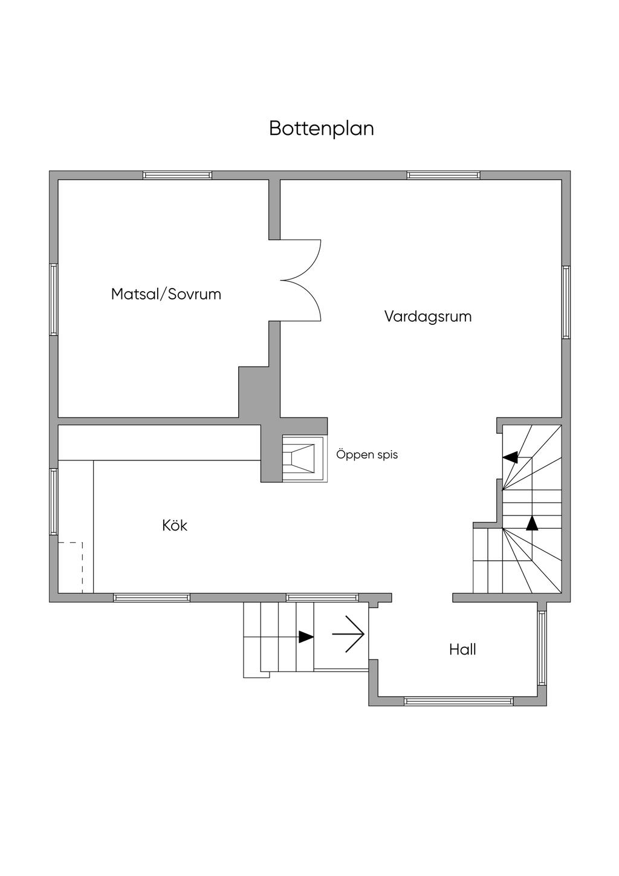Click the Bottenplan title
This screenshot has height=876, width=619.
321,129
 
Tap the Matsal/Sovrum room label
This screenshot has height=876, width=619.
166,295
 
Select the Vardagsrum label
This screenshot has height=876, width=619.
428,316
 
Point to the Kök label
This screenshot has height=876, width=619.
175,526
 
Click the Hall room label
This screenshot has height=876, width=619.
462,650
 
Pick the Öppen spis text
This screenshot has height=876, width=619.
367,454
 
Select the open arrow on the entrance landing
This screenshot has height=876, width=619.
349,634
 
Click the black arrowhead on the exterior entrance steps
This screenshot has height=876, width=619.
306,636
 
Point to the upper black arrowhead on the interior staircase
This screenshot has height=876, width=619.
511,457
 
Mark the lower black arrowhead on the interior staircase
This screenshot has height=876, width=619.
532,523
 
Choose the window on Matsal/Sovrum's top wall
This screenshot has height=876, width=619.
178,175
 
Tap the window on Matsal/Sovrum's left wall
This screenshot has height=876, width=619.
53,299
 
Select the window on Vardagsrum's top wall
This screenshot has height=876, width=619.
444,175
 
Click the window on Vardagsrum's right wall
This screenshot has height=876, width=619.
566,302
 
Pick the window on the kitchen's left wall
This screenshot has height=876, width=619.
53,502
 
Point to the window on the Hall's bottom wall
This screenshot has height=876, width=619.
458,701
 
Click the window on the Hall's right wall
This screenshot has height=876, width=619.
542,648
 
